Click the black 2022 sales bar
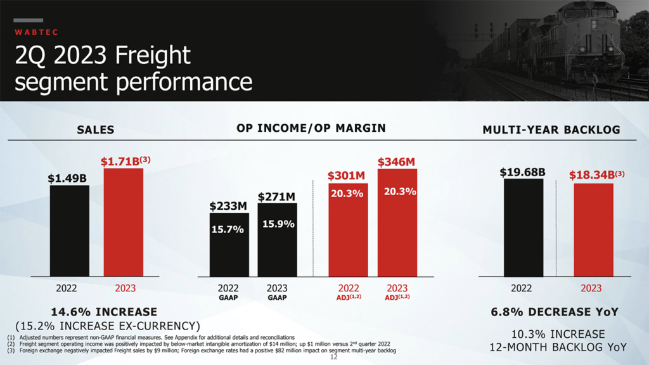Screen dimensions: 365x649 pyautogui.click(x=70, y=231)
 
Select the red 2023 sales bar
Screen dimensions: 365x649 pyautogui.click(x=124, y=222)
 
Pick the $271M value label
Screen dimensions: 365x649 pyautogui.click(x=278, y=197)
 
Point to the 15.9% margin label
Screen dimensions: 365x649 pyautogui.click(x=278, y=224)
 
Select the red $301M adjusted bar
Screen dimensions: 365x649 pyautogui.click(x=347, y=234)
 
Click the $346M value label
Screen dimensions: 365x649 pyautogui.click(x=396, y=162)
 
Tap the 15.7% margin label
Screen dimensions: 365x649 pyautogui.click(x=228, y=229)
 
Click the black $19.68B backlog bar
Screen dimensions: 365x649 pyautogui.click(x=524, y=228)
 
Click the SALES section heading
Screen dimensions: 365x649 pyautogui.click(x=96, y=130)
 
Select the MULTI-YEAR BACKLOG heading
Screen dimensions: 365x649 pyautogui.click(x=551, y=130)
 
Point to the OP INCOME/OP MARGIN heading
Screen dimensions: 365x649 pyautogui.click(x=311, y=128)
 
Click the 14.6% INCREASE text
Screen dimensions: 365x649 pyautogui.click(x=104, y=312)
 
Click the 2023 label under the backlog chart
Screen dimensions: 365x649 pyautogui.click(x=591, y=288)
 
